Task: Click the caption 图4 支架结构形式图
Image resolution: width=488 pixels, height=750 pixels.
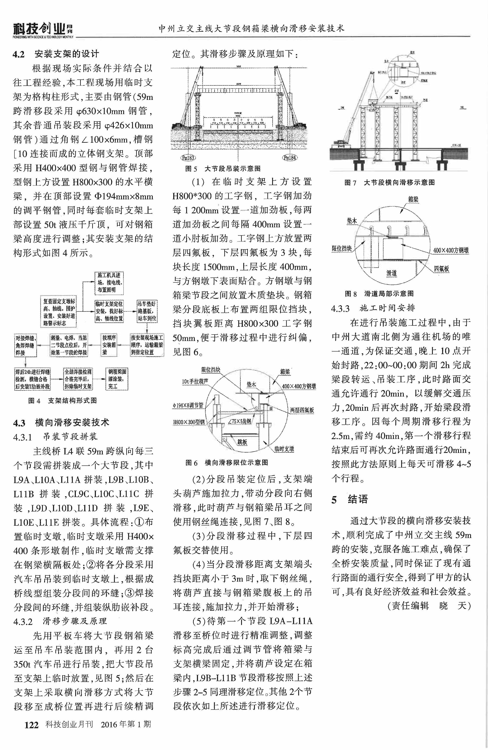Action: point(62,401)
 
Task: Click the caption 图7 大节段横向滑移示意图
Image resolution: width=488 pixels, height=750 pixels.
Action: point(389,182)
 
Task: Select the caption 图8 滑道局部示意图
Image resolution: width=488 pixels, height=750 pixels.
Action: point(379,294)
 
